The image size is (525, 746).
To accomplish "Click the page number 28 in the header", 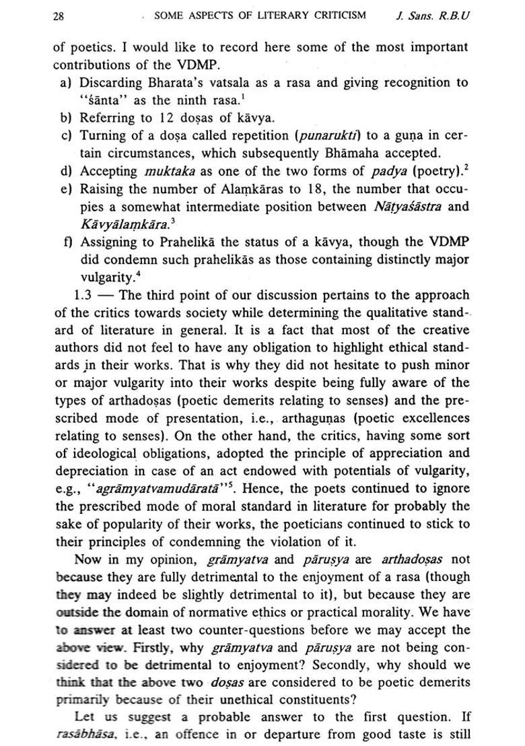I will click(59, 15).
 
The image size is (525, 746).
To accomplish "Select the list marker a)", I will click(66, 83).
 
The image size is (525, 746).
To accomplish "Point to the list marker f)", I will click(66, 242).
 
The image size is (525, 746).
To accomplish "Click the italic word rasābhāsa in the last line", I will click(82, 735).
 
